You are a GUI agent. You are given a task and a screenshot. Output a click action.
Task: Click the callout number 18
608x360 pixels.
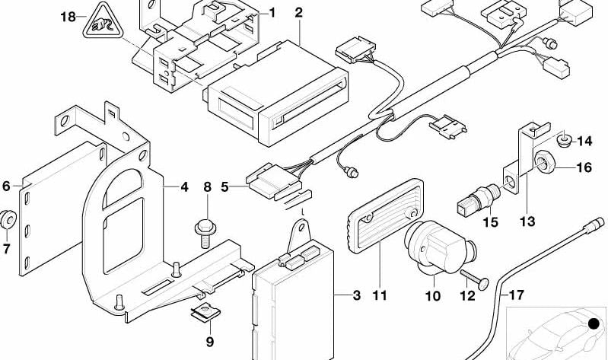click(x=68, y=17)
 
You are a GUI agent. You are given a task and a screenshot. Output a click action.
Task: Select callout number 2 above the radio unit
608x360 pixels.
click(x=298, y=13)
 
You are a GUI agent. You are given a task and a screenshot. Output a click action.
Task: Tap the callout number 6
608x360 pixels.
click(x=6, y=186)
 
